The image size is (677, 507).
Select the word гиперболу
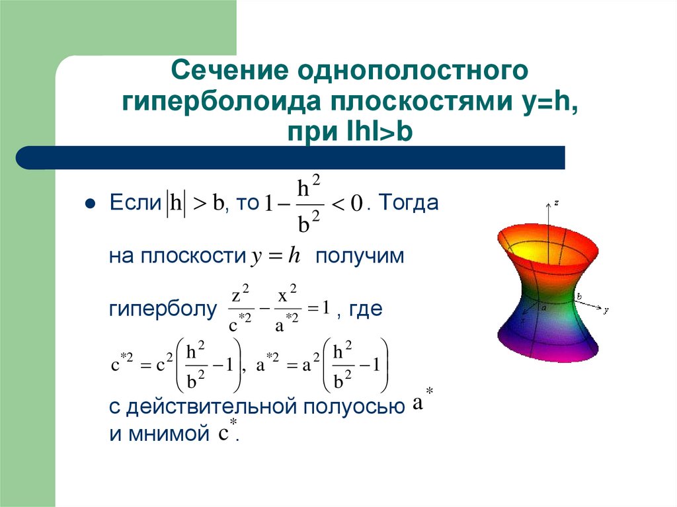[163, 309]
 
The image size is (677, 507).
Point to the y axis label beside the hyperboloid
[606, 309]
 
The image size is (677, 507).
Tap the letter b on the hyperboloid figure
[579, 297]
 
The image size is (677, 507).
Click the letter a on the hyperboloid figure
[543, 307]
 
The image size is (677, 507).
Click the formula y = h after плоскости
[276, 256]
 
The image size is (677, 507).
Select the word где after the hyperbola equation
[366, 309]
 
